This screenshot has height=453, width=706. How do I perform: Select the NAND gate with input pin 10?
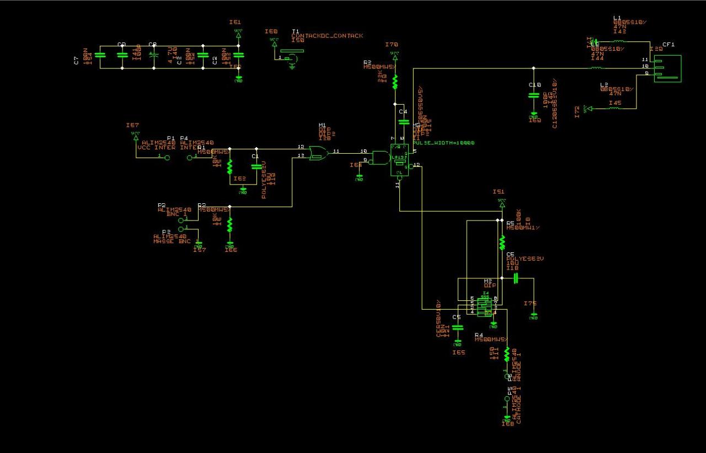point(380,158)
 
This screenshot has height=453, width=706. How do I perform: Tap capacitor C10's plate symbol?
point(533,95)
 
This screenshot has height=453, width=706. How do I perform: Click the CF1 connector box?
point(667,68)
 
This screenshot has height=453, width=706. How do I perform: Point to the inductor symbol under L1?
point(619,41)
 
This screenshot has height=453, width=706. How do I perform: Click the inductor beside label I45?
point(613,108)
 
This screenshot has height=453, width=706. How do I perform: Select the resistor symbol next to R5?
point(502,242)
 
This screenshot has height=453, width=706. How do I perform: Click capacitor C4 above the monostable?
point(404,122)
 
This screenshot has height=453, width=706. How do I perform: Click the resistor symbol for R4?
point(507,353)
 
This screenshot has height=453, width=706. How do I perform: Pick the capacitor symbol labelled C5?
point(457,327)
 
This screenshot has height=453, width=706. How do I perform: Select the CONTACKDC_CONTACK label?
point(328,36)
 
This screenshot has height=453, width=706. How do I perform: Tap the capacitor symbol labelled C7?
point(100,55)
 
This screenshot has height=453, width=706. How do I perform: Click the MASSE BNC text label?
point(172,241)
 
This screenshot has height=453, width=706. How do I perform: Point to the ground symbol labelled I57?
point(199,245)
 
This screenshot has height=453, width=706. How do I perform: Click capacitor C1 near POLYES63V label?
point(256,165)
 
